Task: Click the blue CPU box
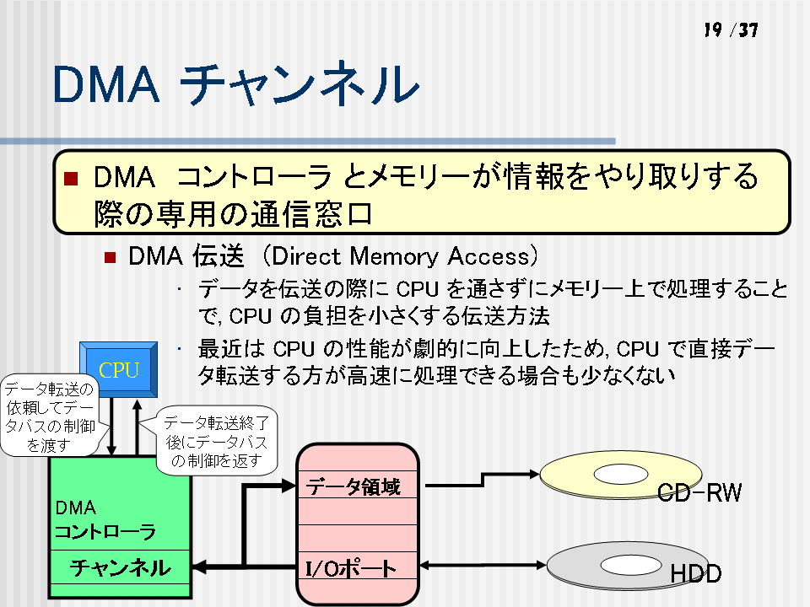point(119,369)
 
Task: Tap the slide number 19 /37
point(731,30)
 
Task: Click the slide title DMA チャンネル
point(235,83)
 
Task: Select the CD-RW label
point(699,492)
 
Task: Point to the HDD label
point(695,573)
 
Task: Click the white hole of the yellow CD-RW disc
point(620,474)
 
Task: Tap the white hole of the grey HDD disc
point(631,565)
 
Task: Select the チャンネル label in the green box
point(120,567)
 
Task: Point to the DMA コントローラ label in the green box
point(105,519)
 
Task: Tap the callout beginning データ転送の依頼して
point(50,416)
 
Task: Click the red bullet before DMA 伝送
point(110,257)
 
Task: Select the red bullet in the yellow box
point(71,179)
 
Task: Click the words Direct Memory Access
point(401,256)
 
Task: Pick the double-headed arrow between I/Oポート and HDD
point(483,565)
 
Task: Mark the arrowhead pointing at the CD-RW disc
point(534,474)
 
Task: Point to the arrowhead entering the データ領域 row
point(289,486)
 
